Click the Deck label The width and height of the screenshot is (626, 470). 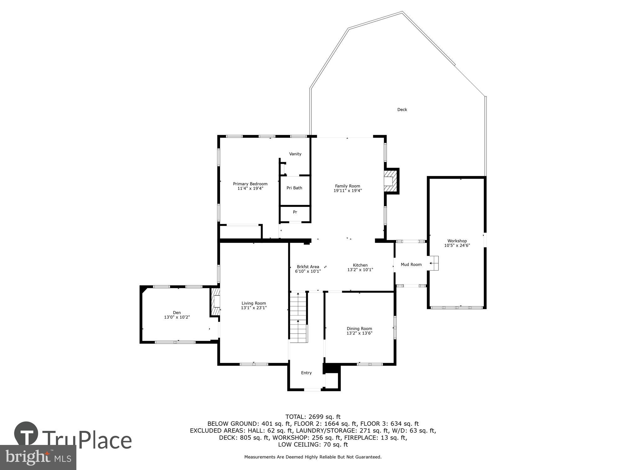(x=402, y=110)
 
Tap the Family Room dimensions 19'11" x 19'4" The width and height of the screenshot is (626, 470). (x=347, y=191)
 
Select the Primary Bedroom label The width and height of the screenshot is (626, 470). (x=250, y=184)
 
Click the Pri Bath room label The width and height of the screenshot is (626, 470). (x=294, y=188)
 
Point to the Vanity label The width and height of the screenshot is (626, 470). (x=295, y=154)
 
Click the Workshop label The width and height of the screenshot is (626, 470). (x=457, y=241)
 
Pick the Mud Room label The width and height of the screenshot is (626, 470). (x=411, y=264)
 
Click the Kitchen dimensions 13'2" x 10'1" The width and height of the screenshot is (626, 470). (x=360, y=270)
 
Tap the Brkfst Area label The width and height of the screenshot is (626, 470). (x=308, y=267)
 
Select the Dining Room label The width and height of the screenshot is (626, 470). (x=359, y=329)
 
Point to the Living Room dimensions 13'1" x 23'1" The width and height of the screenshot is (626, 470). (x=254, y=308)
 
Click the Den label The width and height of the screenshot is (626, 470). (x=177, y=312)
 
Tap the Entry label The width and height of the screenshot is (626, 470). (x=306, y=373)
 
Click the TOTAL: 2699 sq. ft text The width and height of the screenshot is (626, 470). (x=313, y=417)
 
